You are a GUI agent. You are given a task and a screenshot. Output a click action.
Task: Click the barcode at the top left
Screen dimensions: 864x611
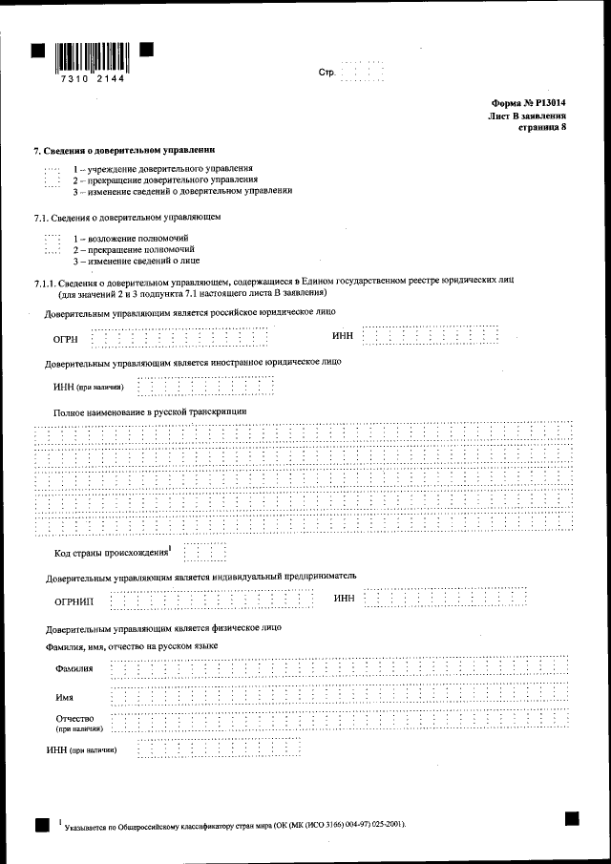pos(92,58)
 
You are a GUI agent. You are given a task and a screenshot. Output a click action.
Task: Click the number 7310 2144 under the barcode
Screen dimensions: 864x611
pos(92,82)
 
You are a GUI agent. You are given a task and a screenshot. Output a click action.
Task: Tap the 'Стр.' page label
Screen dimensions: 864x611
pos(327,74)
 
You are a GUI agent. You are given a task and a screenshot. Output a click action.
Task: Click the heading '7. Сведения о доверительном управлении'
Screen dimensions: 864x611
pos(124,151)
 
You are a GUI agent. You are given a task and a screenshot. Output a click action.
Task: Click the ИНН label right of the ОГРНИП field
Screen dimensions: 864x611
pos(345,599)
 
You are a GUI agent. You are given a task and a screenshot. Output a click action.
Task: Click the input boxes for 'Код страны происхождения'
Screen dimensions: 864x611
pos(205,553)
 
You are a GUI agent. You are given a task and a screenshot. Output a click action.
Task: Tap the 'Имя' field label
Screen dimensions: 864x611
pos(65,698)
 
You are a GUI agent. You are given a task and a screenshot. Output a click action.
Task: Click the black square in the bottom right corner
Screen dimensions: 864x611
pos(572,818)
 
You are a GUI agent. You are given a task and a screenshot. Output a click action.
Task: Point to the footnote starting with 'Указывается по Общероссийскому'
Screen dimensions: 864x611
pos(234,822)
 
